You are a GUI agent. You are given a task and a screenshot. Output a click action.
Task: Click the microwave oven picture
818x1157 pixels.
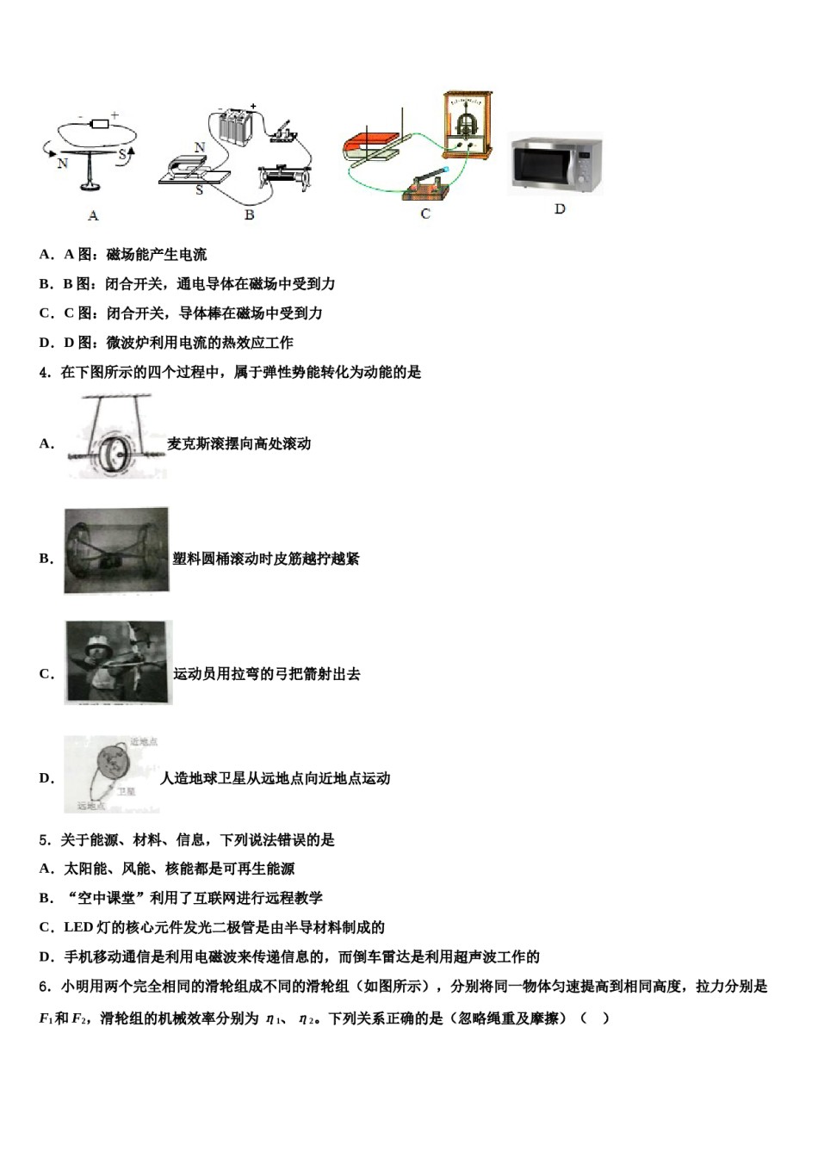point(556,164)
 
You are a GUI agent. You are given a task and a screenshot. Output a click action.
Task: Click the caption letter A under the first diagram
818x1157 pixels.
point(93,215)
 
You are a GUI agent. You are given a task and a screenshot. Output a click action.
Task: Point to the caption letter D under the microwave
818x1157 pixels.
point(560,209)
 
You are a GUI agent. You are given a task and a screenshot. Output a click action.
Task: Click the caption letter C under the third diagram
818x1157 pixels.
point(425,213)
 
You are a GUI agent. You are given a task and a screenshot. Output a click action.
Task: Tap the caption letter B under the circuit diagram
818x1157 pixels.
point(249,214)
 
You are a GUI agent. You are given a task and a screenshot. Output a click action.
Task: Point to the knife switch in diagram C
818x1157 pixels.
point(424,183)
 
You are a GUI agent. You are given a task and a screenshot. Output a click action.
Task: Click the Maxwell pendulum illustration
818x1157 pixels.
point(115,437)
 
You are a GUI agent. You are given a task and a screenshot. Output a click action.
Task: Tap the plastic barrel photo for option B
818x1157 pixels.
point(115,550)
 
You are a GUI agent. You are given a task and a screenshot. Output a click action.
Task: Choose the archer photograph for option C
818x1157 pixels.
point(118,662)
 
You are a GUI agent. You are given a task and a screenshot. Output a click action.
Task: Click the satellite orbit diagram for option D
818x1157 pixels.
point(112,773)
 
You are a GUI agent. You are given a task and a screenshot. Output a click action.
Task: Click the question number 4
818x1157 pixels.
point(44,373)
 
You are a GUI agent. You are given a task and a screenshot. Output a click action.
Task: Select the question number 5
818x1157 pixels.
point(44,840)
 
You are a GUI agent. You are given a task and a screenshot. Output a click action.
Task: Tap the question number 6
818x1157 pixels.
point(44,987)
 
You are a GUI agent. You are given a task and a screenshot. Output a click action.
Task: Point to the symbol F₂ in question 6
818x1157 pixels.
point(79,1019)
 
